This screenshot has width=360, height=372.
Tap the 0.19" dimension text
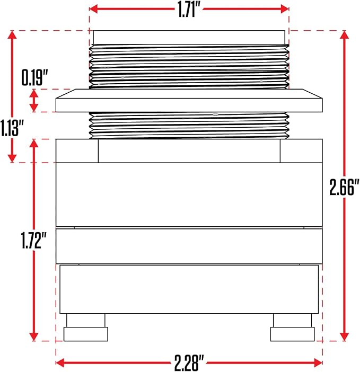(35, 77)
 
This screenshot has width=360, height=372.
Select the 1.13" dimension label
(12, 128)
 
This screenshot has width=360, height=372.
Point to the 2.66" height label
(344, 188)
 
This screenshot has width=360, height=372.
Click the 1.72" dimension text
(34, 241)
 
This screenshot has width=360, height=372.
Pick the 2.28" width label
(189, 363)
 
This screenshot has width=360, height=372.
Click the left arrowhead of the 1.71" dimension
(94, 9)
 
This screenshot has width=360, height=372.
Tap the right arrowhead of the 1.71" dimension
(285, 9)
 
